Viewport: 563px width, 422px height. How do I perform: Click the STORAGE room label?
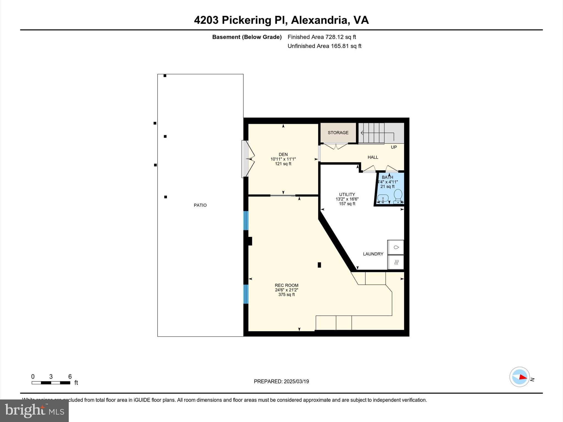tap(338, 133)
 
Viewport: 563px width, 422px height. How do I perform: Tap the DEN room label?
tap(283, 154)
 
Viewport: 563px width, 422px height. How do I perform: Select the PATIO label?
tap(200, 205)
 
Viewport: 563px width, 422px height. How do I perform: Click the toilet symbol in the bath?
tap(398, 196)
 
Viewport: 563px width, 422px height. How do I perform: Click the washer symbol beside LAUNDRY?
tap(396, 247)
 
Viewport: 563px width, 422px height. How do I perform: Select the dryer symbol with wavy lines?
tap(396, 262)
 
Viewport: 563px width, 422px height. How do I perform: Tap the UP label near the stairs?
tap(394, 147)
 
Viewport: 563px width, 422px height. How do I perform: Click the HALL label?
tap(373, 157)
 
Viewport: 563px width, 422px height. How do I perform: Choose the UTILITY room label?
tap(347, 195)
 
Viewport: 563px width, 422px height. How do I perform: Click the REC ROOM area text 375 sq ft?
tap(286, 295)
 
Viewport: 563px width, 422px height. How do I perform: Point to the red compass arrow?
tap(523, 377)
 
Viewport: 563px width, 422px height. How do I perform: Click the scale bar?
tap(51, 383)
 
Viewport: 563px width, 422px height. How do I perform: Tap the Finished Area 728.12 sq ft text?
tap(322, 37)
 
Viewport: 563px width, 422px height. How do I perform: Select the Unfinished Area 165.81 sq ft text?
tap(324, 46)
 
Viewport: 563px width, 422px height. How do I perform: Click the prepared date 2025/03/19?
tap(296, 381)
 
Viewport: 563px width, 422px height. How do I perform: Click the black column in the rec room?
tap(319, 265)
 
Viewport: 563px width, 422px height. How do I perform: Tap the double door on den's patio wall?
tap(248, 159)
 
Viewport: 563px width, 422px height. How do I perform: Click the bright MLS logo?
tap(34, 410)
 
